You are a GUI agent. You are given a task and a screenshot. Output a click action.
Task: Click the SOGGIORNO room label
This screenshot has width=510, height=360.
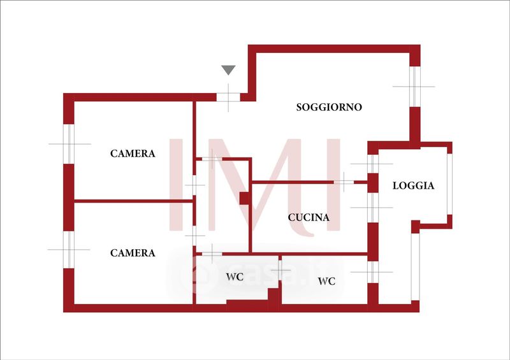[x=329, y=107]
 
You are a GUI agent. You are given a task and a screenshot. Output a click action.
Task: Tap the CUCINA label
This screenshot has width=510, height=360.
[x=309, y=217]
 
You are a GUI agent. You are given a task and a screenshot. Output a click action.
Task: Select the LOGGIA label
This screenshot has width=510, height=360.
[x=413, y=186]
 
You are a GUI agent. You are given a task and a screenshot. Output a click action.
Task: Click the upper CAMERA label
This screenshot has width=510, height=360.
[x=133, y=154]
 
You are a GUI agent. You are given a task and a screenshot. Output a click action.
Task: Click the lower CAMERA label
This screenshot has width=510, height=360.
[x=133, y=253]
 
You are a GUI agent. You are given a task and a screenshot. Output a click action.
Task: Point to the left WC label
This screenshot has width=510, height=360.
[x=235, y=278]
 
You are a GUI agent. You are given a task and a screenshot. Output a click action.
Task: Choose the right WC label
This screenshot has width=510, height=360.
[x=326, y=281]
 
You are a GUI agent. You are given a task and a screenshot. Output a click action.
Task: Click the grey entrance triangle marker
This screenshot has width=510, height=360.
[x=228, y=70]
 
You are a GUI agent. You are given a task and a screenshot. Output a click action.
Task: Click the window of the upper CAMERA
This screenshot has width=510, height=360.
[x=69, y=143]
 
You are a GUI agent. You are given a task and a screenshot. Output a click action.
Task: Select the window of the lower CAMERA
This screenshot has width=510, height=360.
[x=69, y=249]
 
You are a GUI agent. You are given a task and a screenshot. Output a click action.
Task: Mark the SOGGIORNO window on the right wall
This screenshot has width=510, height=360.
[x=414, y=86]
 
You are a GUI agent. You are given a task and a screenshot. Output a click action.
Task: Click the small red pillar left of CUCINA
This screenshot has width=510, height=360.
[x=244, y=198]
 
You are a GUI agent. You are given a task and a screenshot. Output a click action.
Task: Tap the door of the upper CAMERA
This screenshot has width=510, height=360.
[x=194, y=185]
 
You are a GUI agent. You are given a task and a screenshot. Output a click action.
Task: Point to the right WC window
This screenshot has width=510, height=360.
[x=373, y=272]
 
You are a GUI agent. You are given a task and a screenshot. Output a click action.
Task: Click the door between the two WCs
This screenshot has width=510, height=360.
[x=280, y=271]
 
